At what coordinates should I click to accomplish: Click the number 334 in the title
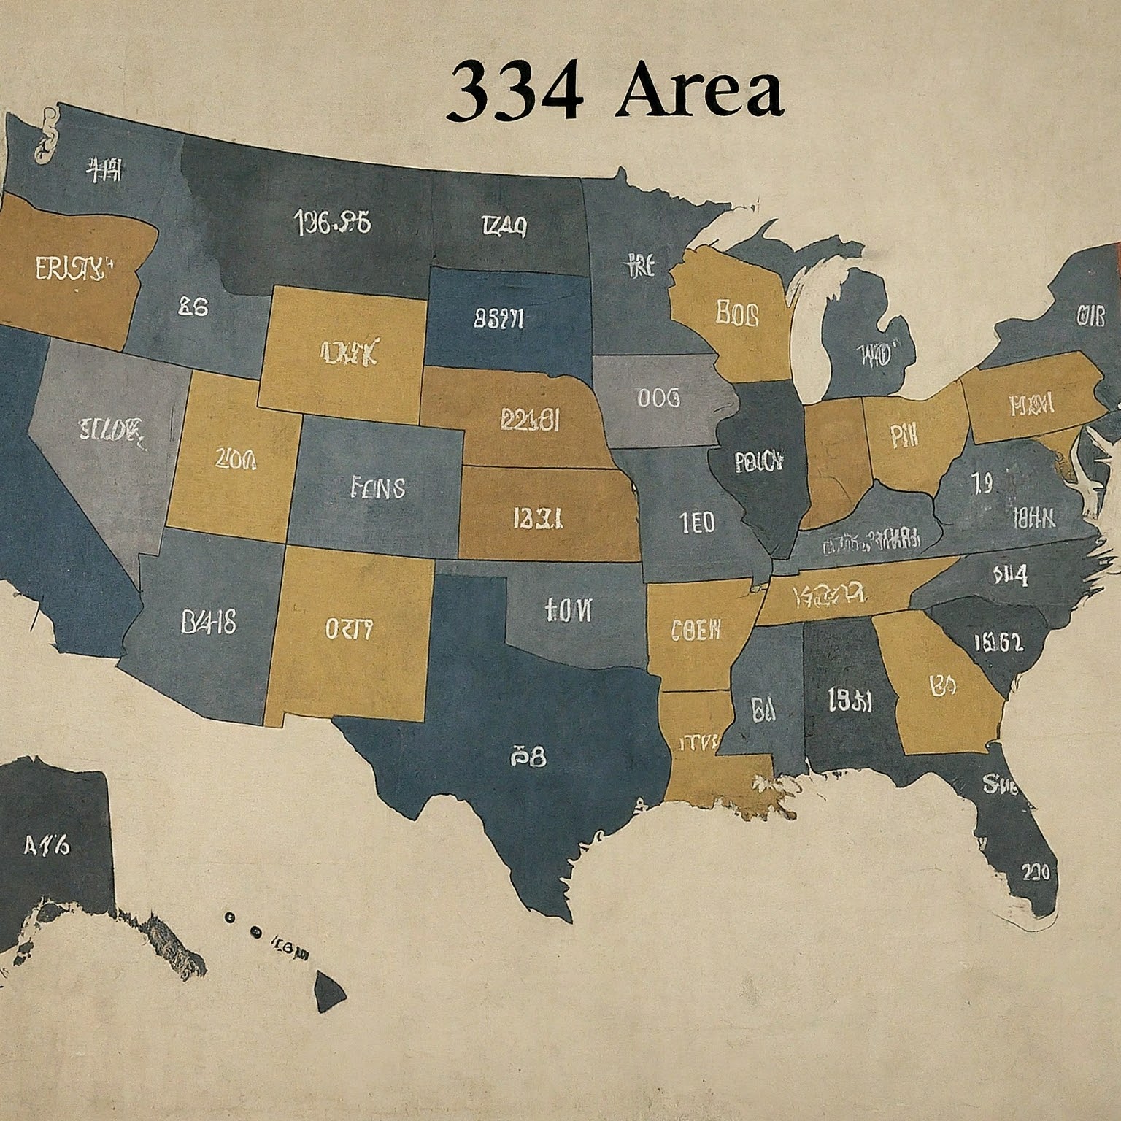(515, 92)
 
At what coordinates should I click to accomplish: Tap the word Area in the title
(699, 92)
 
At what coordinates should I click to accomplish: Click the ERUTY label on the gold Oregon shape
(69, 269)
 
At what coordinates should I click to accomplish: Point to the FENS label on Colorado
(378, 487)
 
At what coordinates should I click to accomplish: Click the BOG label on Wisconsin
(737, 315)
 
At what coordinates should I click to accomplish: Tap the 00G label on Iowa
(658, 398)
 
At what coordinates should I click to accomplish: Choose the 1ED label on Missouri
(697, 523)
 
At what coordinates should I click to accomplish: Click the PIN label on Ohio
(904, 436)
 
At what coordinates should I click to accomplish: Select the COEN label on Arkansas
(696, 629)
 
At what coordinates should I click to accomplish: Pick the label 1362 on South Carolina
(998, 642)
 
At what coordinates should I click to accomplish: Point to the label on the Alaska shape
(47, 846)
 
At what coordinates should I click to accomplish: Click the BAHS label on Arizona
(208, 622)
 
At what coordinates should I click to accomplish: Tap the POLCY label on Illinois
(759, 461)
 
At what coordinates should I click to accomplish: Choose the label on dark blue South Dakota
(498, 318)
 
